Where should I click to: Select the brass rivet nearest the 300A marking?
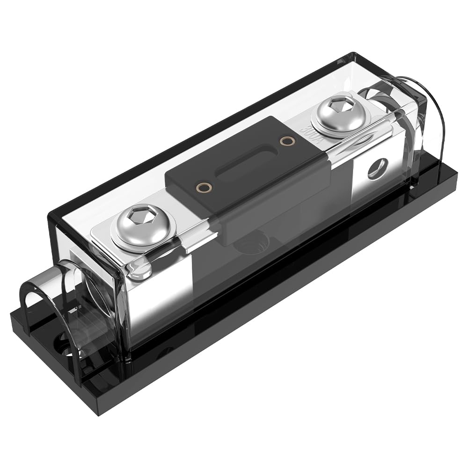284,140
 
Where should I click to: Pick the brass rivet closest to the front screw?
203,188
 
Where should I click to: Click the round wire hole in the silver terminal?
378,168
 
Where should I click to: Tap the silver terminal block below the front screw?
159,281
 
